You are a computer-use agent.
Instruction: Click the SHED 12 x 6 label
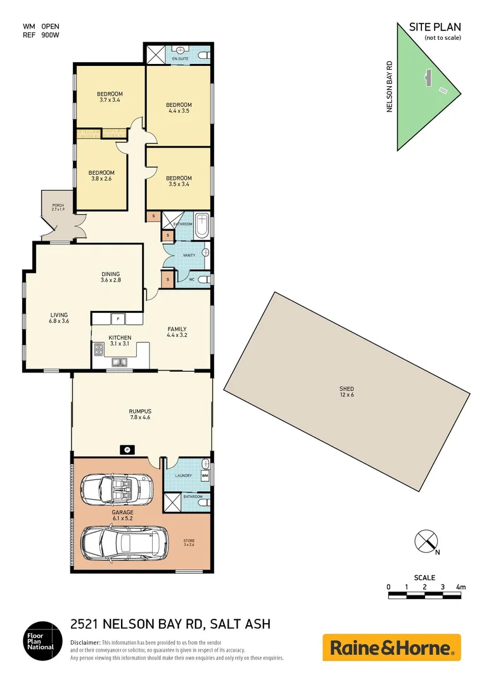346,392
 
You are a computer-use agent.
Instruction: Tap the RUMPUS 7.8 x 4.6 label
140,414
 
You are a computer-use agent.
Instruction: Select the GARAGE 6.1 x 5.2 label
123,515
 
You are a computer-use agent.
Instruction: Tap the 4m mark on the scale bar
461,588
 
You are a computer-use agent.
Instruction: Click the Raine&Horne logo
392,647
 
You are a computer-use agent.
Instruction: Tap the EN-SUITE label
181,59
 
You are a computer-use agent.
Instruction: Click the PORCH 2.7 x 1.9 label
58,207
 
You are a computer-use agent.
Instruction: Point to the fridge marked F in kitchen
117,319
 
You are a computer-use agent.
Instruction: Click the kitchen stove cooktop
99,350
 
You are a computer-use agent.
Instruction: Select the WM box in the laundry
205,475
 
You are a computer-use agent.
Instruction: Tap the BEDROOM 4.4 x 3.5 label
179,108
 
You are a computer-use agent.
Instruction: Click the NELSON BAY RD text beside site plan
390,87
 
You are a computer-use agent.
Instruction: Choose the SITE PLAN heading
435,27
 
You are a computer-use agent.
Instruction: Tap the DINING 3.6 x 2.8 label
110,277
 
